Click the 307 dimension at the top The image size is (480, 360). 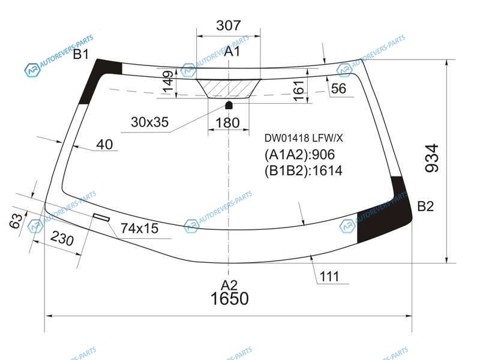tap(229, 25)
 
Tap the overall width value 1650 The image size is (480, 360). tap(230, 298)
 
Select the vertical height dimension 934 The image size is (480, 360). tap(432, 158)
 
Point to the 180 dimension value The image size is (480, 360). tap(227, 123)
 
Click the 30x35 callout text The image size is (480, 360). tap(149, 122)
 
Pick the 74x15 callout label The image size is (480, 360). tap(139, 229)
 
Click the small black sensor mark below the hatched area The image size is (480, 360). tap(229, 106)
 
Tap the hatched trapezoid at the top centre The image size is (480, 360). tap(229, 89)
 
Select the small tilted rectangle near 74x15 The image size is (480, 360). tap(101, 217)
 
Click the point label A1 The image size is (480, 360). tap(232, 52)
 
